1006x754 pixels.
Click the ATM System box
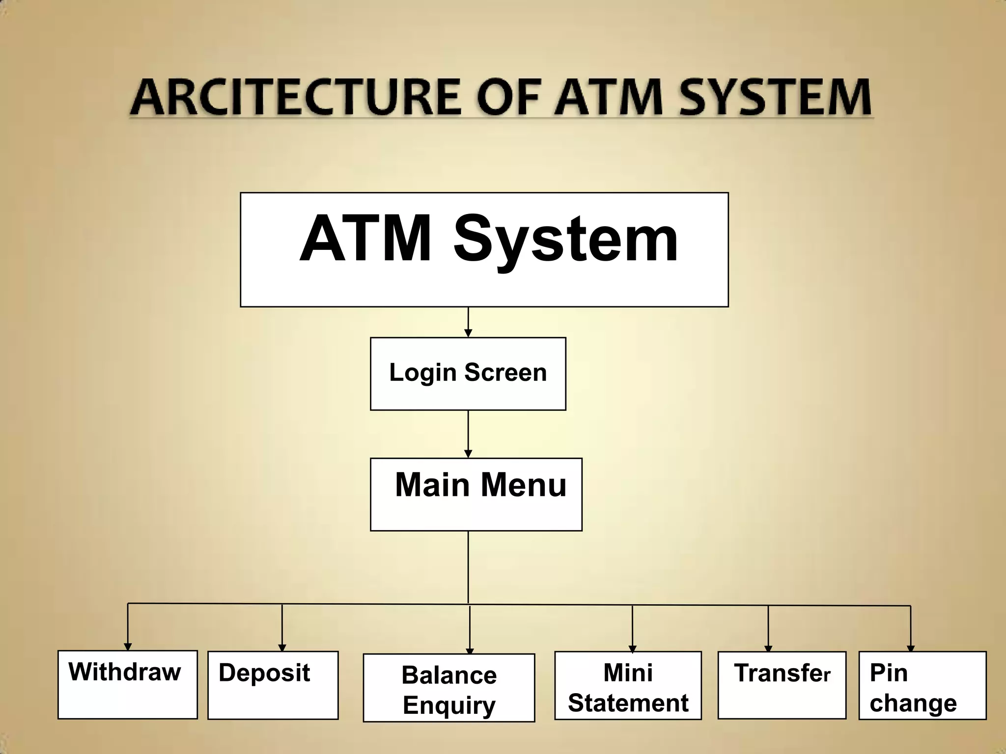click(x=484, y=249)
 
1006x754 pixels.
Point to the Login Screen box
click(x=468, y=374)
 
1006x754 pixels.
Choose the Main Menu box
click(x=475, y=494)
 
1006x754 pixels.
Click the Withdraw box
click(x=127, y=684)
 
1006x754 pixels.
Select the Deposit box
click(x=273, y=685)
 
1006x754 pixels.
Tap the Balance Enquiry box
click(x=448, y=688)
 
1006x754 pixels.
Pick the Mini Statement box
click(x=628, y=685)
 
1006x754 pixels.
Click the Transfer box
click(x=782, y=685)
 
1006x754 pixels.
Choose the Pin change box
click(x=922, y=685)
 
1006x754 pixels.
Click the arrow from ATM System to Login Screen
click(x=468, y=322)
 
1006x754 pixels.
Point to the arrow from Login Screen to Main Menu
click(x=468, y=434)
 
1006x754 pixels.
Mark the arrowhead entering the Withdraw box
click(x=128, y=646)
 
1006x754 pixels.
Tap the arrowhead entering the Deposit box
click(x=282, y=647)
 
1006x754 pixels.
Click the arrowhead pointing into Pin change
click(x=911, y=648)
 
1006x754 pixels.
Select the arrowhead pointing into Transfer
click(x=768, y=648)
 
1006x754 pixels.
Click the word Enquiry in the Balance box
click(x=449, y=705)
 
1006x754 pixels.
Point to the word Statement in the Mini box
click(x=628, y=703)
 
